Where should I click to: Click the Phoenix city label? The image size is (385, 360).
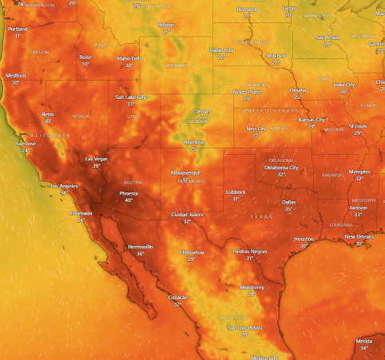point(129,193)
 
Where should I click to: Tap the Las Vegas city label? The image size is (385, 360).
point(97,158)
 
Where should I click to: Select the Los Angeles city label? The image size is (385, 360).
point(64,186)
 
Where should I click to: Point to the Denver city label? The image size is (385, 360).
point(204,112)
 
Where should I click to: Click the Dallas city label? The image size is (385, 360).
point(288,202)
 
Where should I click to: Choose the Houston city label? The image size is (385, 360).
point(304,239)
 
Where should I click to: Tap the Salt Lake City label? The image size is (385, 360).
point(131,97)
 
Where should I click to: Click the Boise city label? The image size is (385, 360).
point(85,57)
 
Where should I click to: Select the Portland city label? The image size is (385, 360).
point(18,29)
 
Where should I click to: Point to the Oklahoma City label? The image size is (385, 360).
point(281,168)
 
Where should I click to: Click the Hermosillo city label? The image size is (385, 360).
point(141,247)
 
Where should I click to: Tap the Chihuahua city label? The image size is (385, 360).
point(192,252)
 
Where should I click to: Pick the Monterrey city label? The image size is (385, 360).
point(252,287)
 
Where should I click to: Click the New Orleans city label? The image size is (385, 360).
point(359,236)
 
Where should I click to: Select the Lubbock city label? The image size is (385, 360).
point(236,192)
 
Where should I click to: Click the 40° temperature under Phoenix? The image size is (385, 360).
point(129,200)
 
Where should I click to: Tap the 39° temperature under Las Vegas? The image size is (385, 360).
point(97,165)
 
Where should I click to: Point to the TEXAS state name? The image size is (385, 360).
point(261,216)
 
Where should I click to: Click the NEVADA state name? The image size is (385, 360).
point(81,116)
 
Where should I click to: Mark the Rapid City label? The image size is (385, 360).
point(221,49)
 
